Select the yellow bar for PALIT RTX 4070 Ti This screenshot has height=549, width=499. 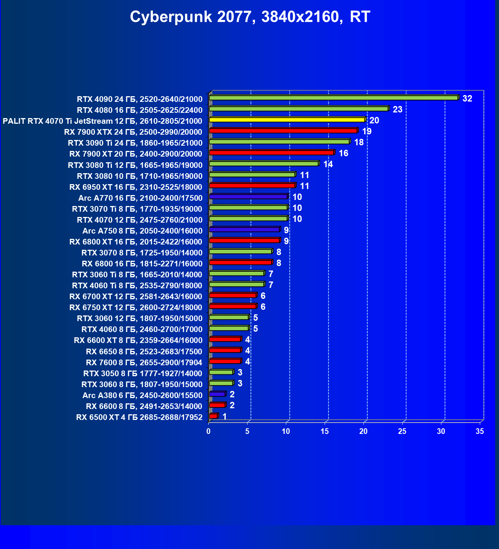[x=287, y=120]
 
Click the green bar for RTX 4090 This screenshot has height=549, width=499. [x=333, y=98]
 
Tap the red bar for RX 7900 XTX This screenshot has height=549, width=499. [x=283, y=131]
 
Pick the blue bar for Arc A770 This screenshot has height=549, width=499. [x=248, y=197]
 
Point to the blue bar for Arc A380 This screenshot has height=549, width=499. [x=217, y=394]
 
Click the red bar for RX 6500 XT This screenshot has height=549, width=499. [x=214, y=416]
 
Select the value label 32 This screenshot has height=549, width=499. [x=467, y=99]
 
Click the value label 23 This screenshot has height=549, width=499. [x=397, y=110]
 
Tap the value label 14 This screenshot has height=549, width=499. [x=328, y=165]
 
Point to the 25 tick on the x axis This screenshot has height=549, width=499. [x=402, y=431]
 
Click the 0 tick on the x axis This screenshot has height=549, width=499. [x=209, y=431]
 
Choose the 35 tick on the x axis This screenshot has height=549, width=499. [x=480, y=431]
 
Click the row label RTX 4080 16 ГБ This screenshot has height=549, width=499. [x=139, y=110]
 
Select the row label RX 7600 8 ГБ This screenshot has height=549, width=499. [x=144, y=363]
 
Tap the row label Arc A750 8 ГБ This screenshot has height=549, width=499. [x=142, y=231]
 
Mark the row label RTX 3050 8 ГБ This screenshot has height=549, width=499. [x=142, y=374]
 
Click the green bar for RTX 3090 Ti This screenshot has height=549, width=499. [x=279, y=142]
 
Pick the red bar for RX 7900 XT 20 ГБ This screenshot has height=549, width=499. [x=272, y=153]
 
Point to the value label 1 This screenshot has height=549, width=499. [x=224, y=417]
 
